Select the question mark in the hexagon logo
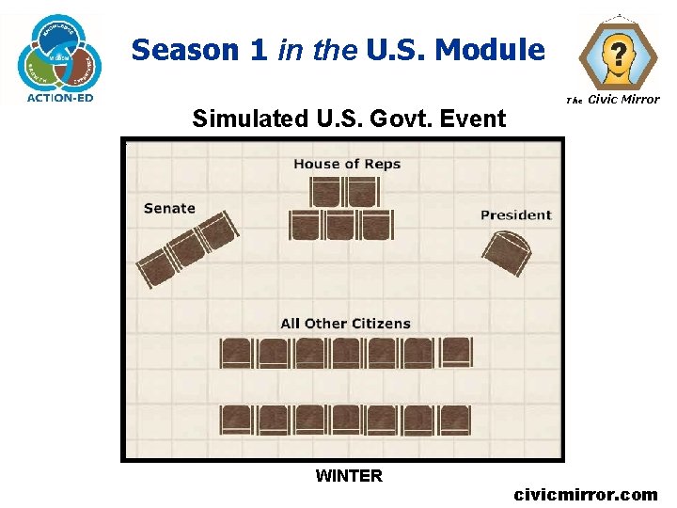pos(617,53)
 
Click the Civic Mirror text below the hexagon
pos(623,100)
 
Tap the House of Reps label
pos(347,164)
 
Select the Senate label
pos(169,208)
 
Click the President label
pos(515,214)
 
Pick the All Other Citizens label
pos(345,324)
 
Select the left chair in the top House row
pos(325,192)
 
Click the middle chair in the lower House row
pos(341,226)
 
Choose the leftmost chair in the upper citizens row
pos(235,353)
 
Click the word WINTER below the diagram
pos(349,476)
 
